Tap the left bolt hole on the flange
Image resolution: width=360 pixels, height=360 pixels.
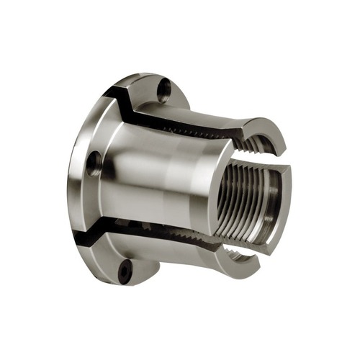93,164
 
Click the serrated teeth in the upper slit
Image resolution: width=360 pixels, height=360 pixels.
194,134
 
